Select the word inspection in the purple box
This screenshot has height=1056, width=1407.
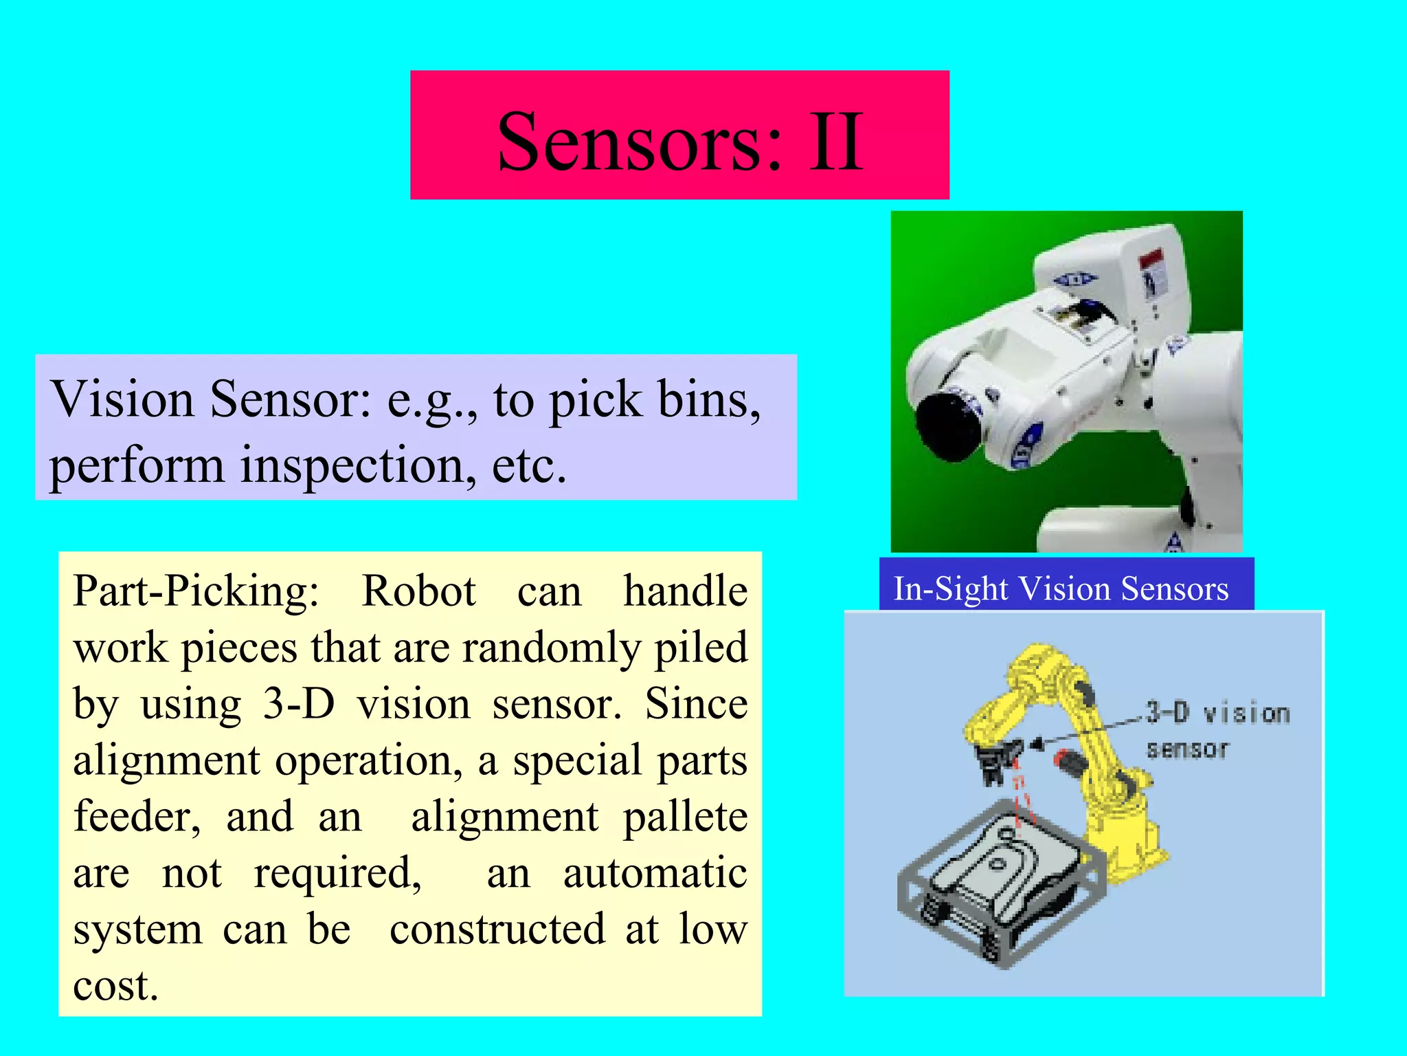tap(357, 466)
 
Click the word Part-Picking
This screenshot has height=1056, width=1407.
tap(196, 591)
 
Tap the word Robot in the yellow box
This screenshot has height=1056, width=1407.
tap(418, 591)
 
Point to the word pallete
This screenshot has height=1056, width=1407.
tap(685, 817)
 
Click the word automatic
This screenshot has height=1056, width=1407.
tap(655, 873)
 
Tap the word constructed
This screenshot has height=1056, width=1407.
tap(497, 929)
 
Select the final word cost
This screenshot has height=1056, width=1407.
tap(115, 986)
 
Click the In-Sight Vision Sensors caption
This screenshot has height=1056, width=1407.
tap(1061, 588)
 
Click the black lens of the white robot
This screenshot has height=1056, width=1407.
tap(948, 426)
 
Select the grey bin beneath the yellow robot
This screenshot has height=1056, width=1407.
tap(996, 887)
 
